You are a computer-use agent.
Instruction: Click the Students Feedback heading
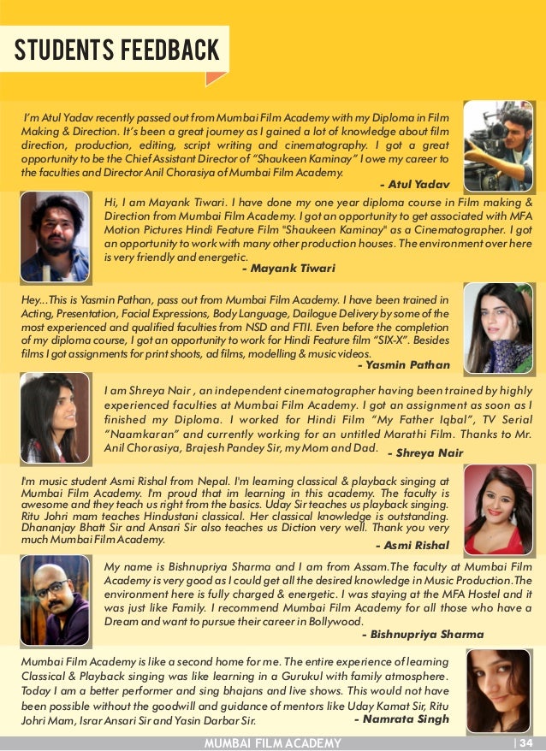point(117,50)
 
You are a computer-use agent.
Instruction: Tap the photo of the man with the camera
point(497,145)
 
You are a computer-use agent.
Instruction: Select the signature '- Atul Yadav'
point(412,184)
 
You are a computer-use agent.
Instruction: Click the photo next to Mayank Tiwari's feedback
point(54,237)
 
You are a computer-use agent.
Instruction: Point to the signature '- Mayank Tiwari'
point(288,268)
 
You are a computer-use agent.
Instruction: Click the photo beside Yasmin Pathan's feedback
point(497,328)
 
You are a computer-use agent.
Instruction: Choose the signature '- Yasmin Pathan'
point(403,364)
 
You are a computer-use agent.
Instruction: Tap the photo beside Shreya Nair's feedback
point(54,418)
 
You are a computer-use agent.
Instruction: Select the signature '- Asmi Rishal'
point(412,545)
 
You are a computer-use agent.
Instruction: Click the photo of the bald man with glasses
point(54,600)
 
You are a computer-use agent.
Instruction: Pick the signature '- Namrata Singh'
point(401,719)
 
